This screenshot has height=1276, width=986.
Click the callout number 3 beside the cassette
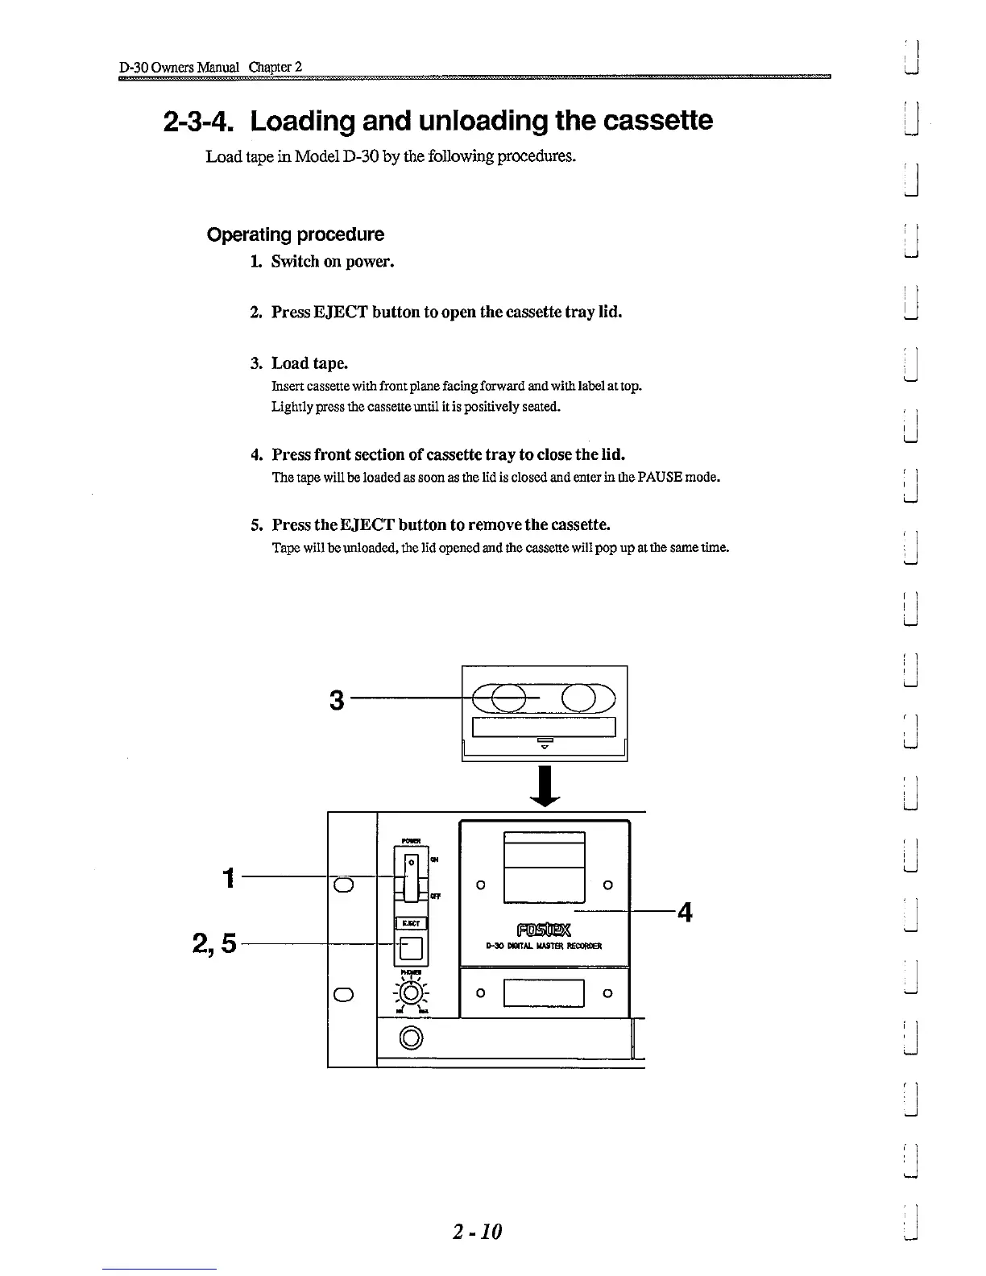pyautogui.click(x=337, y=701)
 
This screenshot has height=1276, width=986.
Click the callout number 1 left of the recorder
pyautogui.click(x=230, y=876)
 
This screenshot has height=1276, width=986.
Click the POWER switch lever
pyautogui.click(x=412, y=878)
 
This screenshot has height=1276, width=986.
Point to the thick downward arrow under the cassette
pyautogui.click(x=545, y=785)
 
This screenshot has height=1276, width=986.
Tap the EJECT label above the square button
pyautogui.click(x=411, y=923)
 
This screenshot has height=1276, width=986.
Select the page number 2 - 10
pyautogui.click(x=477, y=1232)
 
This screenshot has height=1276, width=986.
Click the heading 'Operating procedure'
pyautogui.click(x=296, y=234)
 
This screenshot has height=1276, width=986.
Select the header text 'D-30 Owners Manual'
pyautogui.click(x=179, y=66)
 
